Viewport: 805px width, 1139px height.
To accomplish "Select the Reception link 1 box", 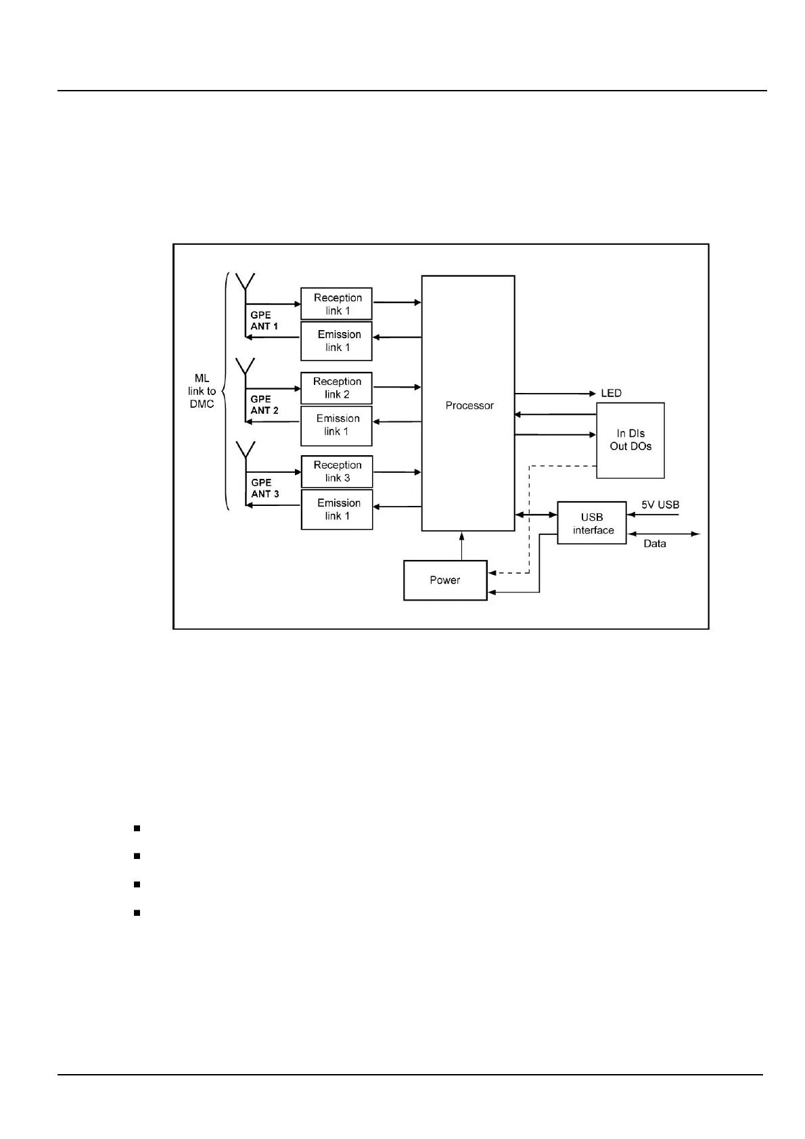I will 336,304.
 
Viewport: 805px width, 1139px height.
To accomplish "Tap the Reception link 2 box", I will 336,388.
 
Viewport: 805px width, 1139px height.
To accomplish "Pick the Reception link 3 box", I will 336,471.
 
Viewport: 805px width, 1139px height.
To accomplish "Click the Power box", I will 445,580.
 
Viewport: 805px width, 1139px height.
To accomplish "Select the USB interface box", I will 592,523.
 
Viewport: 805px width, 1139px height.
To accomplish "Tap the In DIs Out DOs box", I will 630,440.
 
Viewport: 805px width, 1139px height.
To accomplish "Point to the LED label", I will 611,393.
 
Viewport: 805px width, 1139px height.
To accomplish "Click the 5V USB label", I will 660,505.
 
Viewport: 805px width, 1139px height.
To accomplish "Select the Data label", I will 654,544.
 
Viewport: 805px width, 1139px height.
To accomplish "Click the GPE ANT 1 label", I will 264,321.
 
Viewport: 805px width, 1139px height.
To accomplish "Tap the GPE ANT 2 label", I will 264,404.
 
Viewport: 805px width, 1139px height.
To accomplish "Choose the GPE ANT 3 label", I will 264,488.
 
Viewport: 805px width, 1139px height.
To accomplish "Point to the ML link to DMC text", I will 202,391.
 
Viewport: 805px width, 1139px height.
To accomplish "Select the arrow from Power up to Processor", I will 462,546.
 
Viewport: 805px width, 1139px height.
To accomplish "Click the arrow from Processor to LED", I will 555,393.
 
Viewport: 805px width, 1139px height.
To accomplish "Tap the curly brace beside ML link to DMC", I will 225,391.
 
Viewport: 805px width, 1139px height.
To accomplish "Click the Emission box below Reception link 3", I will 337,509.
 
